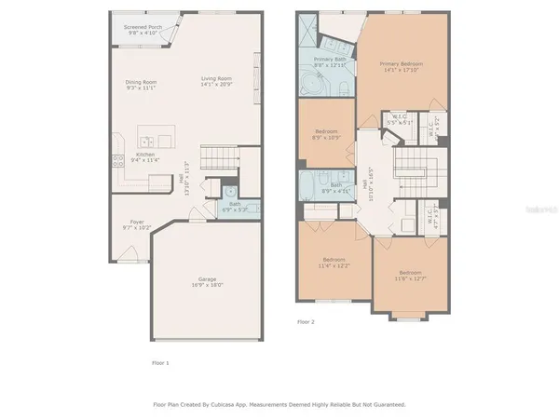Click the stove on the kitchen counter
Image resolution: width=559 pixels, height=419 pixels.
pos(118,159)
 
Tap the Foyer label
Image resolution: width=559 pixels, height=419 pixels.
pos(137,223)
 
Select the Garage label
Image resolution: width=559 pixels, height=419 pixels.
pos(208,281)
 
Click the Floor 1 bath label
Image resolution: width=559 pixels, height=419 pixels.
pos(235,206)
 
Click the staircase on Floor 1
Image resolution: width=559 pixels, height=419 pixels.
pos(217,156)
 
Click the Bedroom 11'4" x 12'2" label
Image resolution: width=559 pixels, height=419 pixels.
pos(335,262)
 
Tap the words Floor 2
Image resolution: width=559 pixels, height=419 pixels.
pos(307,321)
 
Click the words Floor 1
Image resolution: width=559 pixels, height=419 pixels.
pos(160,361)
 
